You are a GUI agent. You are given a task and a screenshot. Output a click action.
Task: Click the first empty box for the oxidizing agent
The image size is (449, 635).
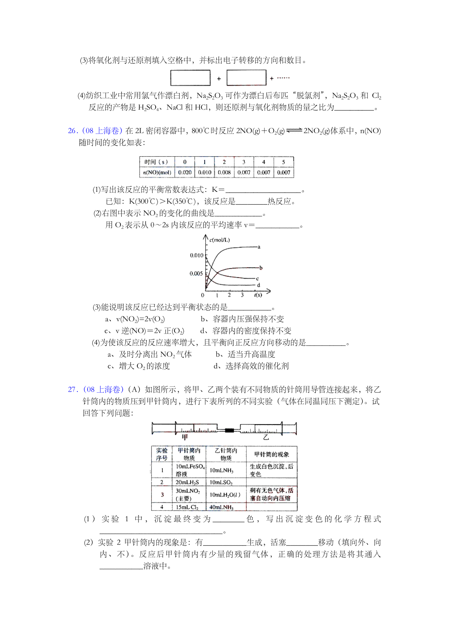point(190,78)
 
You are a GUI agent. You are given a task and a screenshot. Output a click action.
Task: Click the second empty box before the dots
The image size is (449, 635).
point(246,78)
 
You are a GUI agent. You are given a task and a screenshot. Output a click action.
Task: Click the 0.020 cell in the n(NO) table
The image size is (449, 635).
point(185,172)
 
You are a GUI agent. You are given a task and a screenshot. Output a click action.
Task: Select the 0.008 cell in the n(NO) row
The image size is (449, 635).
point(224,172)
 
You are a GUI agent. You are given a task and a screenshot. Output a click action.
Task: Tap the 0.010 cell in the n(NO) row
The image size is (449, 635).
point(204,172)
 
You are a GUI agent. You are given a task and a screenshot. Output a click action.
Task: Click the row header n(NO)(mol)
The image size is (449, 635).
point(157,172)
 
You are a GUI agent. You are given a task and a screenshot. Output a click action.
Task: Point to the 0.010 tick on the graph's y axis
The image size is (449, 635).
point(196,255)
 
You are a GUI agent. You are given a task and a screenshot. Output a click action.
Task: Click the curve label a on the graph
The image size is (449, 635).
point(259,247)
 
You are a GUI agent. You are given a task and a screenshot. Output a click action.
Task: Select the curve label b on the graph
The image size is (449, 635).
point(261,268)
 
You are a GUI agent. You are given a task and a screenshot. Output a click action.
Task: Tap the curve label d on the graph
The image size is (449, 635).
point(258,285)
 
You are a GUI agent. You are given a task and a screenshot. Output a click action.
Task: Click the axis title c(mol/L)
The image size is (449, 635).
point(220,240)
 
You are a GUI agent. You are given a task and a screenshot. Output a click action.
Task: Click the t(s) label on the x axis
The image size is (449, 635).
point(258,295)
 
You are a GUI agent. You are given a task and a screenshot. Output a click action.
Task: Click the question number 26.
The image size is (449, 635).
point(72,131)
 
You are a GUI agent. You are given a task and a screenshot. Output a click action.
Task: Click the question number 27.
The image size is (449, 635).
point(72,389)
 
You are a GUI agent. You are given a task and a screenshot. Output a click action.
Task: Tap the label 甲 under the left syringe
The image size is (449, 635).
point(185,437)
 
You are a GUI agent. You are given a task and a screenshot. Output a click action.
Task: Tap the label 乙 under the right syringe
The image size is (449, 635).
point(266,437)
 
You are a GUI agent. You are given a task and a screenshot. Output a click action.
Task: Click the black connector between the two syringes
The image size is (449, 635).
point(229,430)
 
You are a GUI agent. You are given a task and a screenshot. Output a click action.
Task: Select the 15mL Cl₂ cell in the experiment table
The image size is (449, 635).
point(187,507)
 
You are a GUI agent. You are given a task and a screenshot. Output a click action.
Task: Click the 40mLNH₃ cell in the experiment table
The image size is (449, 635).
point(222,507)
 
